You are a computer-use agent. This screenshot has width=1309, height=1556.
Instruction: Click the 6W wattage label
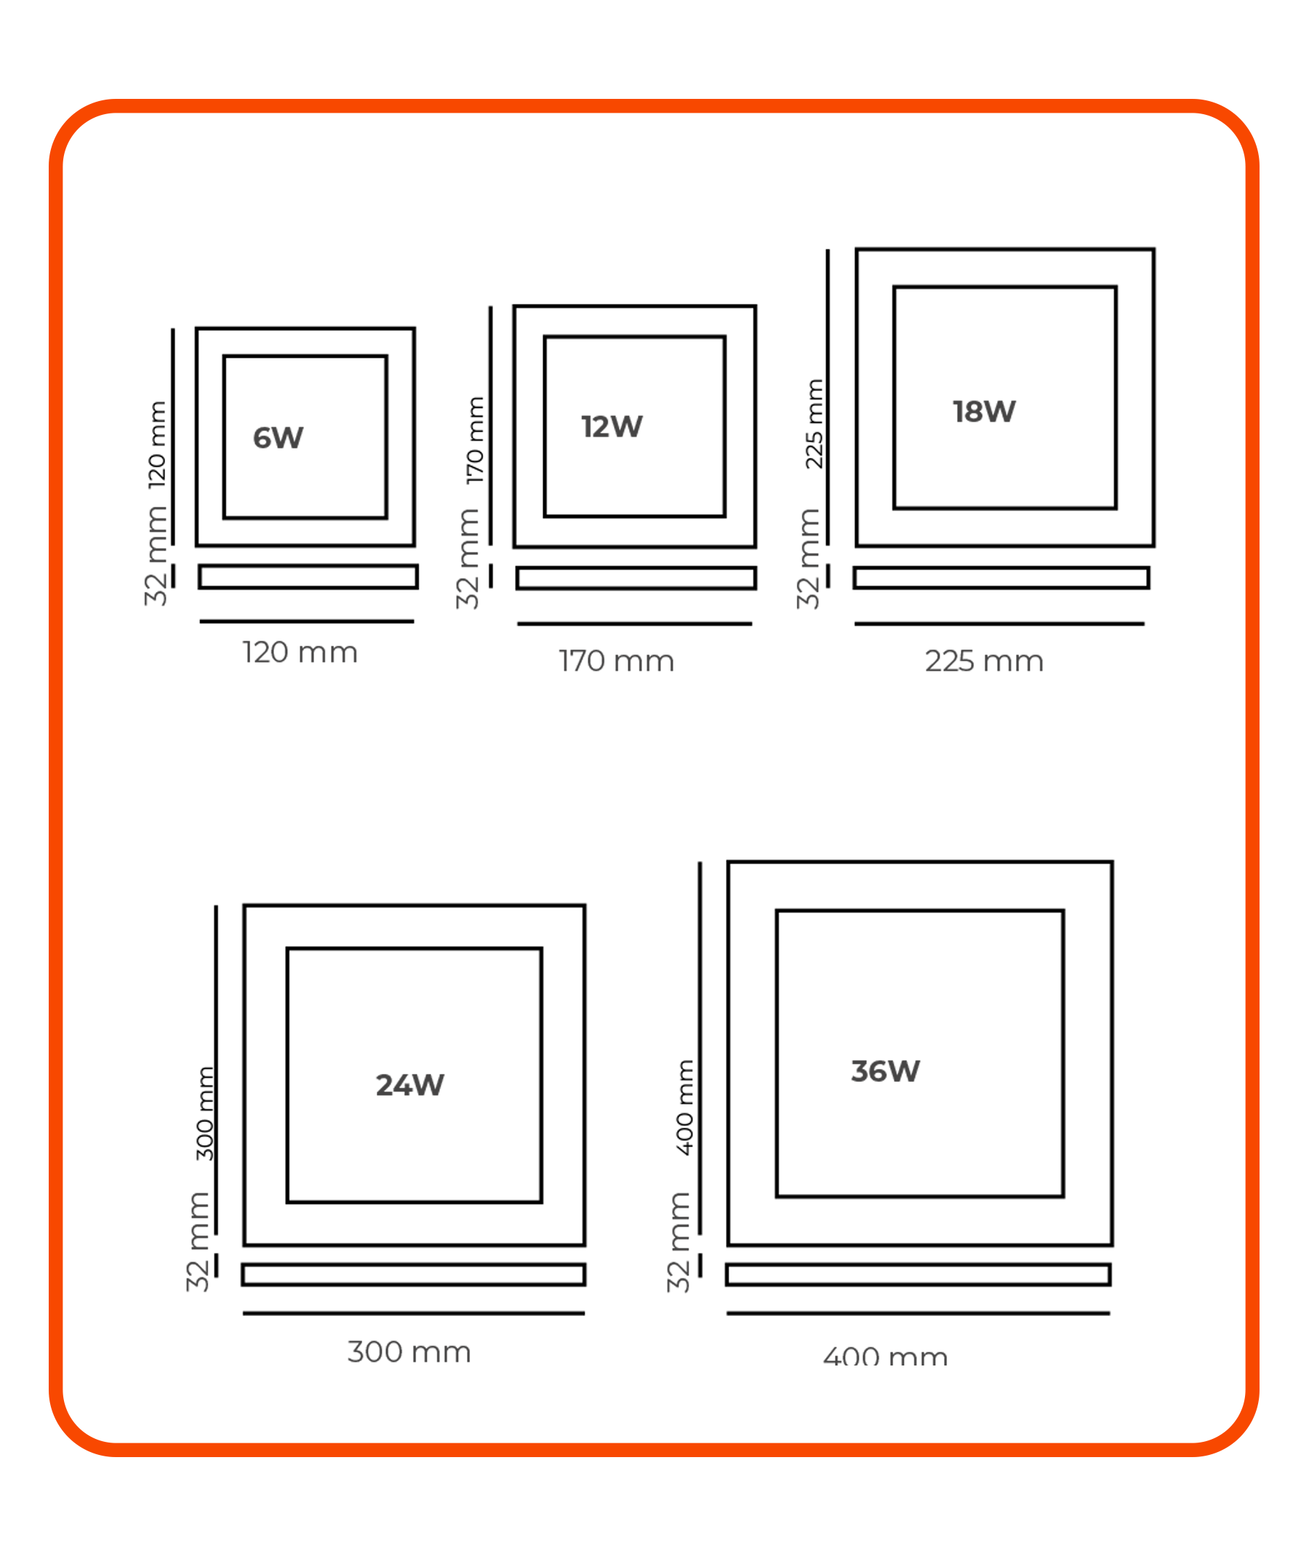click(278, 438)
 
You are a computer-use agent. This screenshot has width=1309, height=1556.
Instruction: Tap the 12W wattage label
click(612, 427)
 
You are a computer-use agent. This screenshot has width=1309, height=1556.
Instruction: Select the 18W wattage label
click(984, 412)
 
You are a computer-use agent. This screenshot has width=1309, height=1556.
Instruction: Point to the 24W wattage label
click(409, 1086)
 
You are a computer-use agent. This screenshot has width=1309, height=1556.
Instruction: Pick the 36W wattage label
click(885, 1072)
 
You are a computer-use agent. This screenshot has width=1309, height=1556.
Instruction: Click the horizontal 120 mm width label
click(300, 653)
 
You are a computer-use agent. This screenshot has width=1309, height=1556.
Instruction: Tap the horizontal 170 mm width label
click(617, 661)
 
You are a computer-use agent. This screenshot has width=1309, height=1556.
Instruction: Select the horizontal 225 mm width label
click(984, 661)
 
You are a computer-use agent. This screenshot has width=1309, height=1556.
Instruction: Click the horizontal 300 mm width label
click(409, 1352)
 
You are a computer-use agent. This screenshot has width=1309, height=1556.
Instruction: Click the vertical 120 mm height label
click(157, 445)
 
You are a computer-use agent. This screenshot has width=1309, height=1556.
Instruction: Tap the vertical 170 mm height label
click(475, 441)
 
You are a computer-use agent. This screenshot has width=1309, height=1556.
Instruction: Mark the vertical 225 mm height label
click(814, 424)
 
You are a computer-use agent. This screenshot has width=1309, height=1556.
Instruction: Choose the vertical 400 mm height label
click(684, 1108)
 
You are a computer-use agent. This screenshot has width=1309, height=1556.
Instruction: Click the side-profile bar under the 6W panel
click(308, 577)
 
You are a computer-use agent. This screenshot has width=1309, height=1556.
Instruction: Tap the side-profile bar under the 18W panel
click(1001, 577)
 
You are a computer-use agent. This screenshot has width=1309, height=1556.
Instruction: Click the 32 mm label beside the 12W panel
click(468, 558)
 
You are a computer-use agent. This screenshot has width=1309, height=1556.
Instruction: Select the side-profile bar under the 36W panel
click(918, 1274)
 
